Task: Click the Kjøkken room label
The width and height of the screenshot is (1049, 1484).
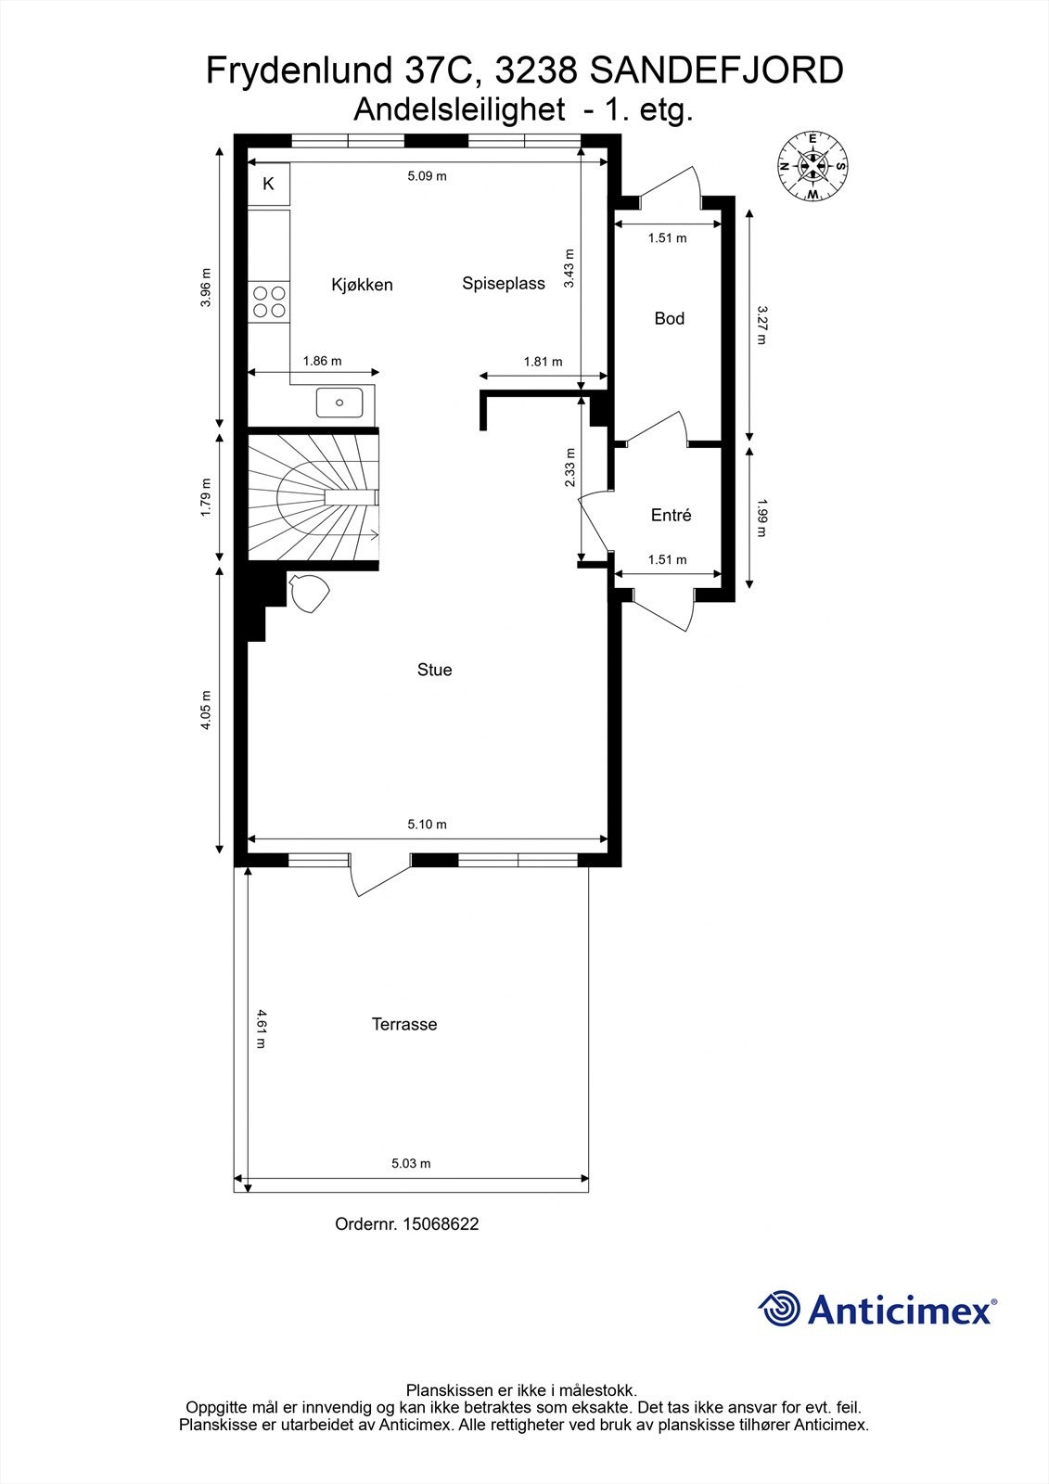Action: click(362, 285)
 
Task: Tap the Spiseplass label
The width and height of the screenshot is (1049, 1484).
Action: click(504, 284)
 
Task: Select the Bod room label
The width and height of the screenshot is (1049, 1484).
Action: click(669, 319)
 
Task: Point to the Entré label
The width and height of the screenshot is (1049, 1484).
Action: click(671, 516)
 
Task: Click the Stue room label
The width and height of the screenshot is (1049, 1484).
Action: click(434, 670)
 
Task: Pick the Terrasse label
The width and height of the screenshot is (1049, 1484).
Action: click(403, 1025)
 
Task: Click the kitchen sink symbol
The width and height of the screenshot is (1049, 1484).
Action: click(339, 403)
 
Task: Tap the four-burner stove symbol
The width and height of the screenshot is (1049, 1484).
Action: click(269, 301)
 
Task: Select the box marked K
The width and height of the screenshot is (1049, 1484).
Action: click(269, 184)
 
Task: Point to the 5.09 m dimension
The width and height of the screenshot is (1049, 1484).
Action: click(427, 176)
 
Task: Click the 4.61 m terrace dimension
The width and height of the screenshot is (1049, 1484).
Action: click(262, 1028)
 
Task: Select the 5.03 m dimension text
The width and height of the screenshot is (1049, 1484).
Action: click(411, 1163)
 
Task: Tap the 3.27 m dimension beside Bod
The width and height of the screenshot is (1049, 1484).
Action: click(761, 325)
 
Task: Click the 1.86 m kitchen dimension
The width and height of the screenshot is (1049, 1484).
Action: click(322, 361)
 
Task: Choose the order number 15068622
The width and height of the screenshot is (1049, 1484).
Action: click(406, 1224)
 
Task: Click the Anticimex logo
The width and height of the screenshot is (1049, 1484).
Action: click(877, 1310)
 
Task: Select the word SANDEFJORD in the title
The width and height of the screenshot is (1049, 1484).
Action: click(716, 70)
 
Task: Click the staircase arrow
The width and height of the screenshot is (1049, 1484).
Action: click(373, 534)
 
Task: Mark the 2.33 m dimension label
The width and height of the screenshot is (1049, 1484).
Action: click(569, 467)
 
